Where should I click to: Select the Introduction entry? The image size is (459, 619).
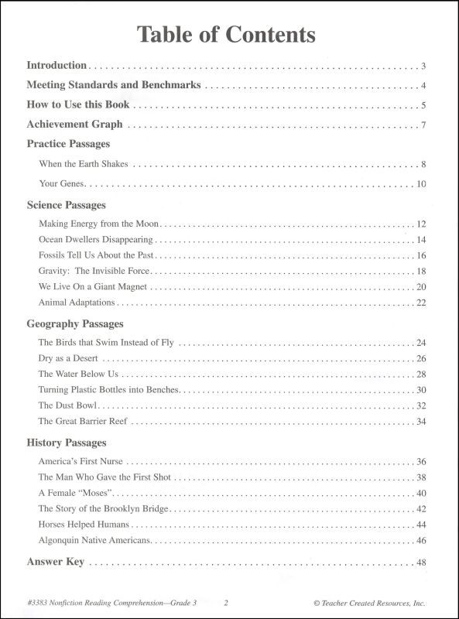click(57, 65)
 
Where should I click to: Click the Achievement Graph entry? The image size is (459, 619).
click(74, 124)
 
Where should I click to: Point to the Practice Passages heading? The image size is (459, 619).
click(68, 144)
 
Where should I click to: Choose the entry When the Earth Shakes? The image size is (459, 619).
click(83, 164)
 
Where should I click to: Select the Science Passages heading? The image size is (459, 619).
click(66, 205)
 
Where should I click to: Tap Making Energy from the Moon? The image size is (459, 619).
click(100, 224)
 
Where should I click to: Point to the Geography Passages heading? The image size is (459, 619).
click(75, 323)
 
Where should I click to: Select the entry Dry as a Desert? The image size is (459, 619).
click(68, 359)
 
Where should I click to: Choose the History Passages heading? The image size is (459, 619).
click(67, 443)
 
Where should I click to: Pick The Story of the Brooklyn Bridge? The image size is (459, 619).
click(102, 509)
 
